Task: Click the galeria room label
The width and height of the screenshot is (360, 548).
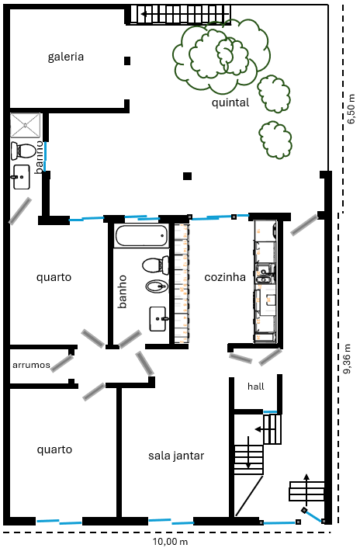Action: click(x=65, y=57)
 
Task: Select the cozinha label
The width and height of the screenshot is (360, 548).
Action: click(x=225, y=277)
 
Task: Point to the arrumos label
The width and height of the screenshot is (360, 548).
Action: click(x=31, y=364)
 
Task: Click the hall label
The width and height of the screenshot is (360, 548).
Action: click(x=256, y=386)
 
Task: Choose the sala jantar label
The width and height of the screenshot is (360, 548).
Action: click(x=176, y=456)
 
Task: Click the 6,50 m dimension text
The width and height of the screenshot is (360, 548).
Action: click(x=351, y=109)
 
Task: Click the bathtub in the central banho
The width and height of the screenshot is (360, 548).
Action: click(x=140, y=236)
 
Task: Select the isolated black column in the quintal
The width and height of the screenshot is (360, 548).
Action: click(x=187, y=176)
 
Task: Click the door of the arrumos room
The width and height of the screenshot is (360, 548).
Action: click(x=62, y=362)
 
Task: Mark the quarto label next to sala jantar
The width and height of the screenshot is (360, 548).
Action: click(x=54, y=449)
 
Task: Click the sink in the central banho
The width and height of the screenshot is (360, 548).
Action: click(x=161, y=317)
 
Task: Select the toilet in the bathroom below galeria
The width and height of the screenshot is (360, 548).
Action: click(x=25, y=150)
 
